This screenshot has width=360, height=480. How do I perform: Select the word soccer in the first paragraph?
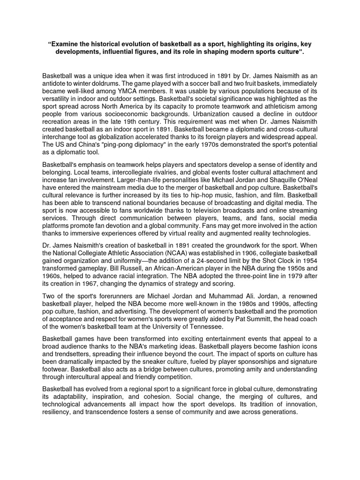click(163, 83)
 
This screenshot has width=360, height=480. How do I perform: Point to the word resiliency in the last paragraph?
click(60, 412)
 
